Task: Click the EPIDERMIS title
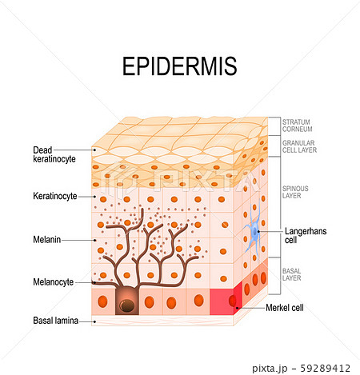pyautogui.click(x=179, y=66)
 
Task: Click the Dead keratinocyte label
pyautogui.click(x=54, y=154)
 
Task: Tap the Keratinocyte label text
pyautogui.click(x=55, y=196)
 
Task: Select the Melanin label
pyautogui.click(x=46, y=240)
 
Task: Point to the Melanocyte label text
pyautogui.click(x=53, y=282)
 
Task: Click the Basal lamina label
pyautogui.click(x=55, y=321)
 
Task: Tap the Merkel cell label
pyautogui.click(x=285, y=308)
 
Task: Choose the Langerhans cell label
pyautogui.click(x=306, y=236)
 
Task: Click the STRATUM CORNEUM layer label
pyautogui.click(x=297, y=126)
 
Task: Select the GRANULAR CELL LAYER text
pyautogui.click(x=299, y=146)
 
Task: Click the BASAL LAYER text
pyautogui.click(x=291, y=274)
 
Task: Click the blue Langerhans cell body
pyautogui.click(x=255, y=231)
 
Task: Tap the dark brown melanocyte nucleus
pyautogui.click(x=127, y=305)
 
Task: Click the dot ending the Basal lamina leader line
pyautogui.click(x=94, y=322)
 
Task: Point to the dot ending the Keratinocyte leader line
pyautogui.click(x=94, y=197)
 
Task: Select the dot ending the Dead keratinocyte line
pyautogui.click(x=94, y=150)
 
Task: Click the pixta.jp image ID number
pyautogui.click(x=325, y=369)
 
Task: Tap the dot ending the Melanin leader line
pyautogui.click(x=94, y=240)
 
